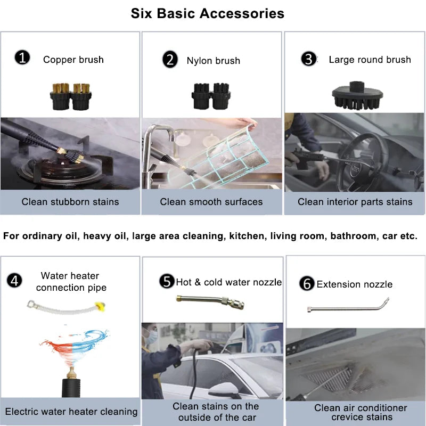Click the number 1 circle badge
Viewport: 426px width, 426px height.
22,58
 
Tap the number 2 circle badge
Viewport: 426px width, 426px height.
170,59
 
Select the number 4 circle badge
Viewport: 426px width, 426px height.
14,281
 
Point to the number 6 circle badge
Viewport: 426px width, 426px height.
307,283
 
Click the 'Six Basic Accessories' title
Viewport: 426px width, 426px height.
208,13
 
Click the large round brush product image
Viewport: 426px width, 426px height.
357,95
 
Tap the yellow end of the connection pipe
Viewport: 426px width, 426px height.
100,306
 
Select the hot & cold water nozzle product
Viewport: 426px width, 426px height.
210,302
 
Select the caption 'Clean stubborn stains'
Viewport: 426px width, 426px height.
70,202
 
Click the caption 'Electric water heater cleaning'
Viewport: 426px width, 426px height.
71,412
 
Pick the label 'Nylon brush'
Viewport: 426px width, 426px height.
214,61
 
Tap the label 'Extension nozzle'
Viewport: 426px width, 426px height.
355,284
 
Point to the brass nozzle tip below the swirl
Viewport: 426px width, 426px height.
71,373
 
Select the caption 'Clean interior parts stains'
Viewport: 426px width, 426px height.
355,202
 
